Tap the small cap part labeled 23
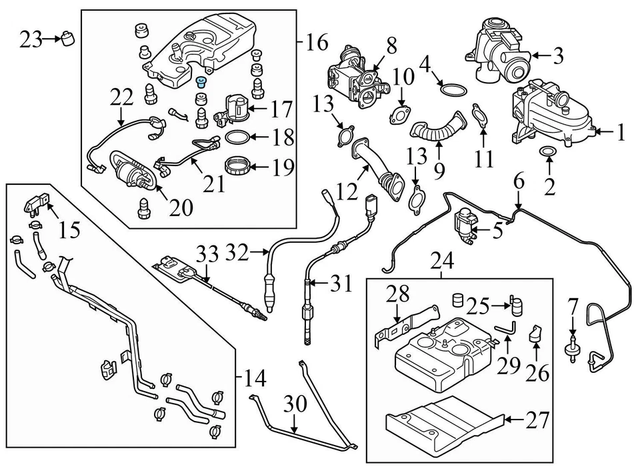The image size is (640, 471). tap(66, 39)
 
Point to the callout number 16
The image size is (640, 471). tap(317, 43)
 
